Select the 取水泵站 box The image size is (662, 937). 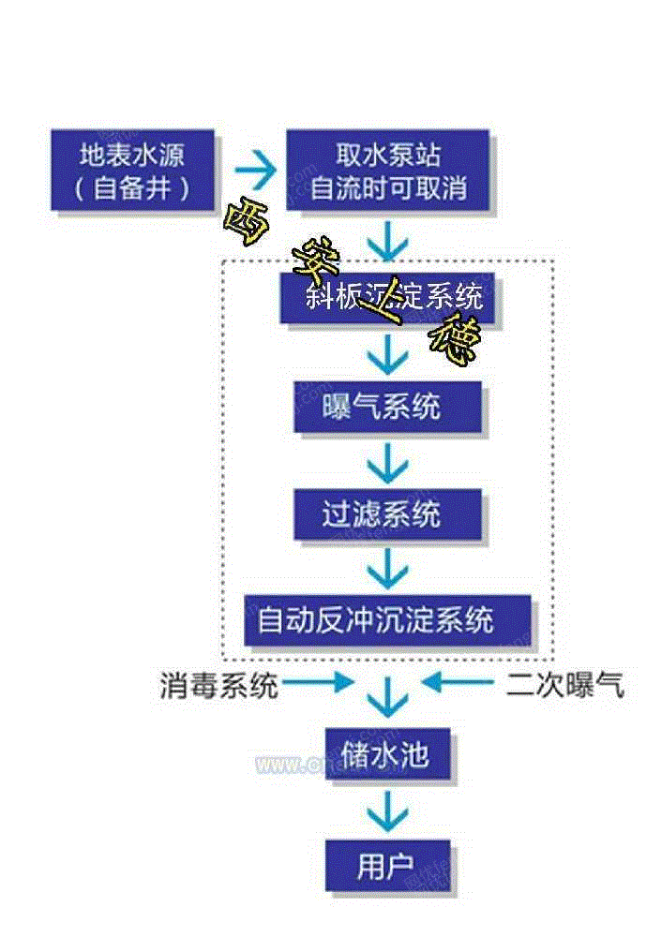point(387,171)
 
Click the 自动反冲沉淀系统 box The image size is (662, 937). point(387,620)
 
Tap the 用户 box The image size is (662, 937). point(387,866)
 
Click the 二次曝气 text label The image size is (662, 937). point(564,687)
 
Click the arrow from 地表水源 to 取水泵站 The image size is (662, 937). point(254,171)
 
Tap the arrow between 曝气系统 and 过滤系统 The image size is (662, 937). point(387,461)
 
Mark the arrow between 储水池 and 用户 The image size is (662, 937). point(387,811)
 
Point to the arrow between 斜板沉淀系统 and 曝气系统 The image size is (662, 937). point(387,354)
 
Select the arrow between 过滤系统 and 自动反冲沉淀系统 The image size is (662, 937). point(387,567)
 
